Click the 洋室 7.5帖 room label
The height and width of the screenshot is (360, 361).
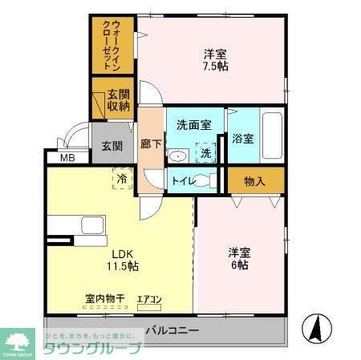[x=215, y=60]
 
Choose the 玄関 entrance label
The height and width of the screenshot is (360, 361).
[x=112, y=147]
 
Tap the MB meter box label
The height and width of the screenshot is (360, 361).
[x=67, y=158]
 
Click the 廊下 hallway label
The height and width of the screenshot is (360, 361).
[x=151, y=145]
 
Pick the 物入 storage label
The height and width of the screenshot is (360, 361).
[x=254, y=181]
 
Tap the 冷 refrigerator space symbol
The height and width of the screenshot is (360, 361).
[x=123, y=176]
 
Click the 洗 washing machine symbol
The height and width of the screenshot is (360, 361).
[x=206, y=152]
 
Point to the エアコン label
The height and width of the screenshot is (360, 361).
[x=149, y=300]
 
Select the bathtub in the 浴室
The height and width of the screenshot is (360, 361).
[x=273, y=136]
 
